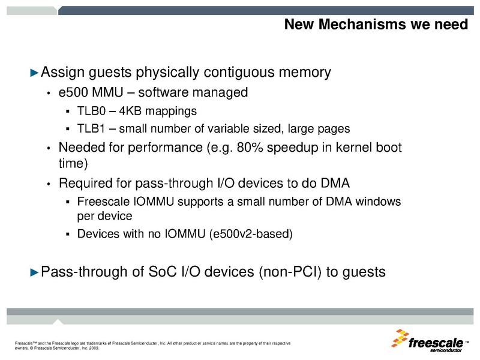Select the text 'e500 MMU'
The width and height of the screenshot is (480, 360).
click(x=85, y=93)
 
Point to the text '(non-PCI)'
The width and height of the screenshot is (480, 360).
click(x=289, y=272)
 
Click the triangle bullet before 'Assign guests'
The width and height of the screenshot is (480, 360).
click(x=34, y=73)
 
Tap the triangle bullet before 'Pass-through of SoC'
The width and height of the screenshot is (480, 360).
click(x=34, y=272)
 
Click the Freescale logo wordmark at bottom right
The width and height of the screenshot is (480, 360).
click(x=436, y=343)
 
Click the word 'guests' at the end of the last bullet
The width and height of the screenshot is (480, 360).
click(x=362, y=272)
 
